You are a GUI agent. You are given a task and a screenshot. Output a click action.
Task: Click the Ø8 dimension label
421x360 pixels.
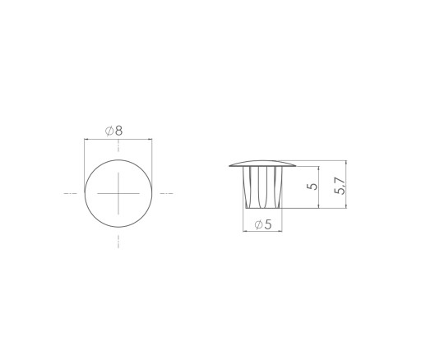pos(114,131)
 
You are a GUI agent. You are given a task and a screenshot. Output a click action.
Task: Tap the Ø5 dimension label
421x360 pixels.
pos(263,224)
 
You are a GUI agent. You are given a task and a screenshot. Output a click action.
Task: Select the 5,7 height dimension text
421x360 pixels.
pos(340,186)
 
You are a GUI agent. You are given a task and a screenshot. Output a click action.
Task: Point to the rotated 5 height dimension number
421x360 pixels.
pos(312,187)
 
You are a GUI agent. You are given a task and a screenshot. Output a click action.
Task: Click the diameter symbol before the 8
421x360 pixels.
pos(109,132)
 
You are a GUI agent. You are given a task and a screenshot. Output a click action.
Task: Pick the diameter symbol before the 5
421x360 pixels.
pos(258,225)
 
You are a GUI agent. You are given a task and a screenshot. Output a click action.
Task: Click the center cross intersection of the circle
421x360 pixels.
pos(118,193)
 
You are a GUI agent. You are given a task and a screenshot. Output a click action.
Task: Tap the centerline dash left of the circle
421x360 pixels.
pos(71,193)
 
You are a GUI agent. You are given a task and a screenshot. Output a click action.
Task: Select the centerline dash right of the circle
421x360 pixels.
pos(166,193)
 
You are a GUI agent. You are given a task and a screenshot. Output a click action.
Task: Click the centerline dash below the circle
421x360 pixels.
pos(118,242)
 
